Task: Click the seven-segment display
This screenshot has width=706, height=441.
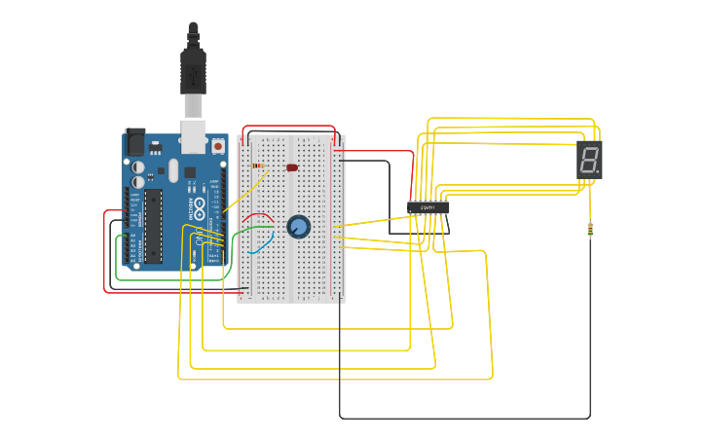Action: pyautogui.click(x=589, y=159)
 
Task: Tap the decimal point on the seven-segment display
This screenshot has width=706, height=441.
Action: pyautogui.click(x=598, y=172)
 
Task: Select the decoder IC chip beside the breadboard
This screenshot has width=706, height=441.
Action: pyautogui.click(x=428, y=207)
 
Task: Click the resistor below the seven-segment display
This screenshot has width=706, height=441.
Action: pyautogui.click(x=590, y=230)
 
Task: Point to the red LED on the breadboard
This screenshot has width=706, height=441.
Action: pyautogui.click(x=292, y=167)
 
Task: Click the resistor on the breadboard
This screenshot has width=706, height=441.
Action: pyautogui.click(x=257, y=165)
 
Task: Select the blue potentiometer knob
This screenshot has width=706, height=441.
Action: pyautogui.click(x=299, y=227)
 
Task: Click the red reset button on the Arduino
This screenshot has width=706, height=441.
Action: pyautogui.click(x=217, y=146)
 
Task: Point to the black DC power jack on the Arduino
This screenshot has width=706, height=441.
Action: pyautogui.click(x=134, y=143)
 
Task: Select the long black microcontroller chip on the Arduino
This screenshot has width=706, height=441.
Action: pyautogui.click(x=153, y=226)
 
